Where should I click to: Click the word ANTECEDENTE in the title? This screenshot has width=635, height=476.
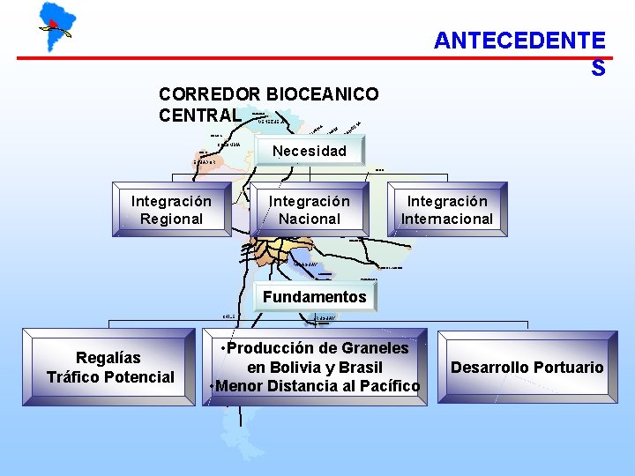(519, 41)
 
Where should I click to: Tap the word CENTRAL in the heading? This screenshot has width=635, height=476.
(199, 115)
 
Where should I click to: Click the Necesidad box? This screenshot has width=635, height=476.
(310, 152)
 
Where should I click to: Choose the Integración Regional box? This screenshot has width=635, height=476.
(171, 210)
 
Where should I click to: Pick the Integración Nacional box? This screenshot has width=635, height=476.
(309, 210)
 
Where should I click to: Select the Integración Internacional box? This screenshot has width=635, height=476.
(447, 210)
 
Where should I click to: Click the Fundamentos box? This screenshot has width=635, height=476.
(314, 297)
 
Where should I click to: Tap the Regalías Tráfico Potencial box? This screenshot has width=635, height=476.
(110, 367)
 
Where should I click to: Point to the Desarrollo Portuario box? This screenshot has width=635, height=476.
(527, 367)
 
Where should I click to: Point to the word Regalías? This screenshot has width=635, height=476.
(108, 357)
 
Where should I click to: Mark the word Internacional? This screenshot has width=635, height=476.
(447, 219)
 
